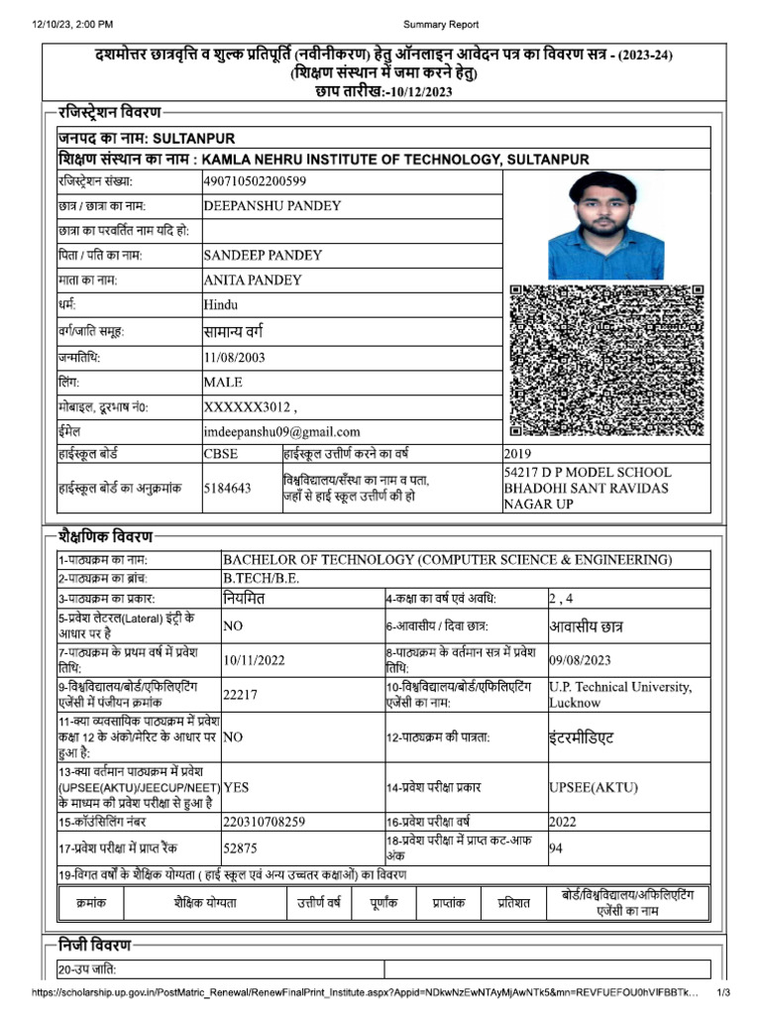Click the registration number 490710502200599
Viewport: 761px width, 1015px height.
click(255, 180)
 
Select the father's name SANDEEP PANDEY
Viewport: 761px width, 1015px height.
click(263, 255)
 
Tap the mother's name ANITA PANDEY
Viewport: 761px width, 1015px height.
click(253, 281)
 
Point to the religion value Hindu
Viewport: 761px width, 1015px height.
click(221, 305)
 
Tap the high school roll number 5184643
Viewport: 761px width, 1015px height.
click(227, 488)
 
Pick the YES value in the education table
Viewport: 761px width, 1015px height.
click(236, 786)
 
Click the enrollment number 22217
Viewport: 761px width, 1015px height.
click(240, 695)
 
